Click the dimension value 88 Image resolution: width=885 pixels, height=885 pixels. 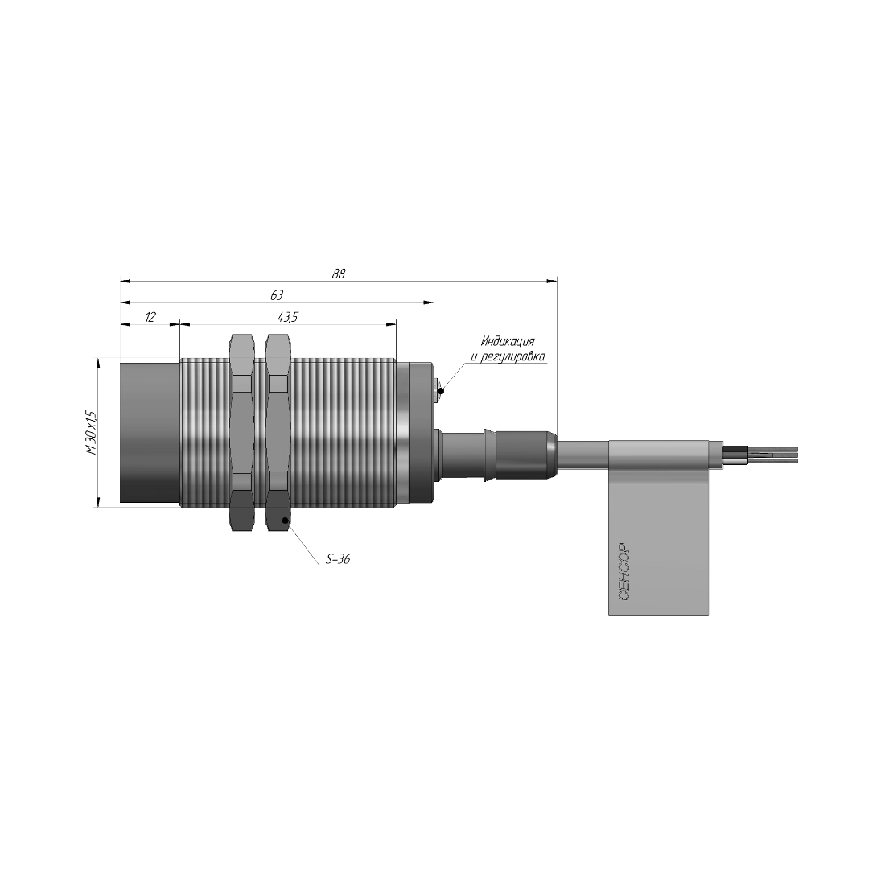click(339, 274)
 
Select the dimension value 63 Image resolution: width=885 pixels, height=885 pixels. click(277, 295)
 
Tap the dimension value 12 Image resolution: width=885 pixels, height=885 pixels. click(150, 317)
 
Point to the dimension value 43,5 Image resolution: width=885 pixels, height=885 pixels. click(288, 317)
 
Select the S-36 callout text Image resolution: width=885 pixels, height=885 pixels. click(339, 559)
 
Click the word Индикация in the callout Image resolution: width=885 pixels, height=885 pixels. click(508, 341)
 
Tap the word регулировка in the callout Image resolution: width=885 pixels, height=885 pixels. click(513, 356)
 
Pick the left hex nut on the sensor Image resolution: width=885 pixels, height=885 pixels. click(243, 432)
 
